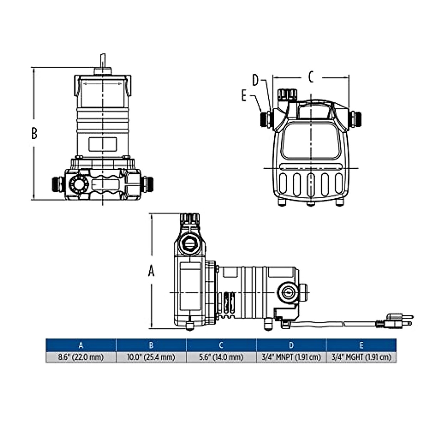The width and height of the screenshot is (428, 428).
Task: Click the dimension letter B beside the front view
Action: [x=34, y=133]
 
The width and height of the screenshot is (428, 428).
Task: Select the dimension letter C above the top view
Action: [x=311, y=77]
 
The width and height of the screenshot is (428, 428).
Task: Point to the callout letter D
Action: [x=255, y=80]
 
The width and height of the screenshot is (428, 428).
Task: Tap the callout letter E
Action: [x=244, y=96]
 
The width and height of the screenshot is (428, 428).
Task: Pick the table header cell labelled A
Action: [x=81, y=345]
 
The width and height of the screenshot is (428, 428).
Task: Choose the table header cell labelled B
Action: [x=151, y=345]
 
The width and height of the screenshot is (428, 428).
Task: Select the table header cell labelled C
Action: [x=221, y=345]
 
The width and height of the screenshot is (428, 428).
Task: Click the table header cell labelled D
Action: [x=291, y=345]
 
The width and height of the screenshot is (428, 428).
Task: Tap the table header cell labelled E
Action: [x=361, y=345]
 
